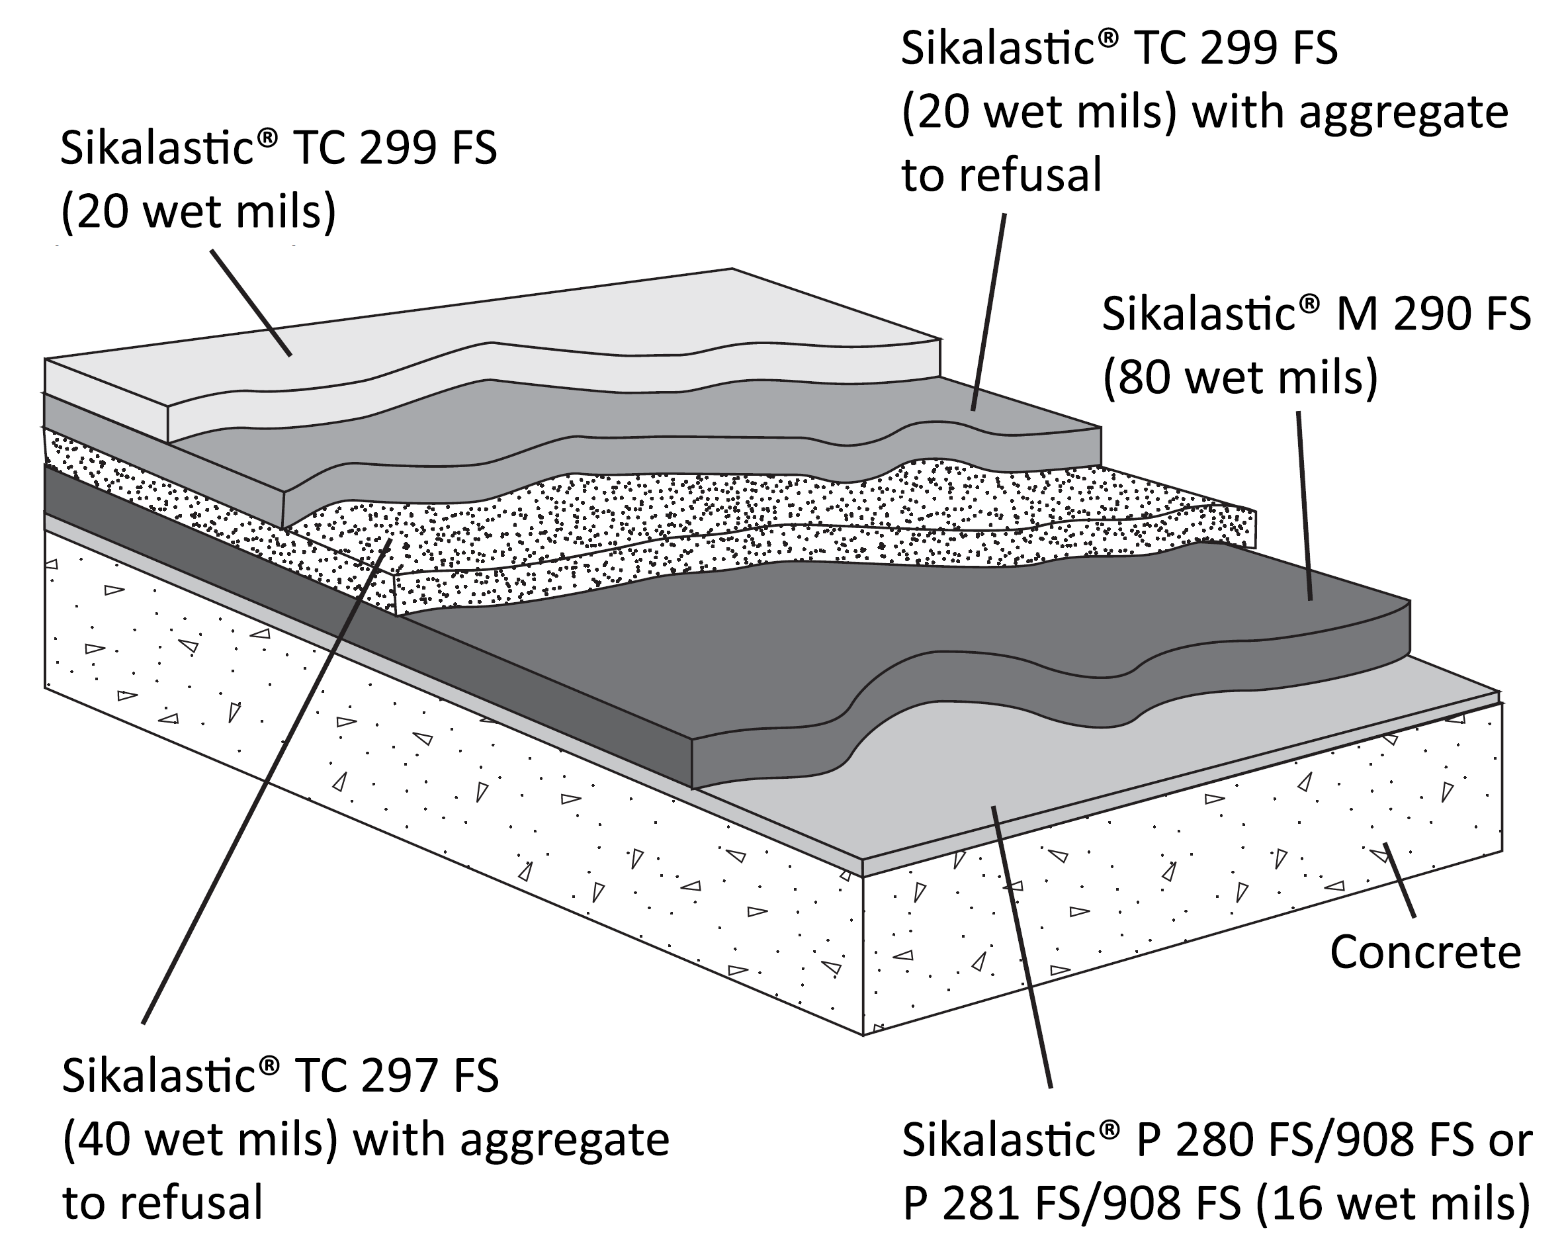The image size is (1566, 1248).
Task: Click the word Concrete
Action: point(1425,952)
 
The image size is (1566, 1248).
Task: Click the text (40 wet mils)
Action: point(200,1139)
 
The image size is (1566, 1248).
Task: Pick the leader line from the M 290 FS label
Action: point(1305,506)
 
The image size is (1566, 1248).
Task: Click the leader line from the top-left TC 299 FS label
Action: point(251,303)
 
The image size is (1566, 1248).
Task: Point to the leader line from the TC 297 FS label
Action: point(268,780)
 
